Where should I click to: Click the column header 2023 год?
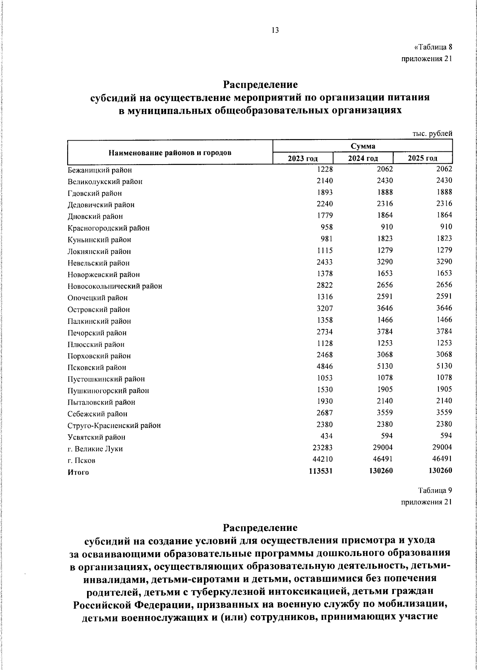point(303,159)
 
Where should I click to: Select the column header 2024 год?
point(363,159)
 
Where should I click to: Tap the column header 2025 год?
point(423,159)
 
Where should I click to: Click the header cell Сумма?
point(363,146)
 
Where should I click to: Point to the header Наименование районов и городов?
point(170,153)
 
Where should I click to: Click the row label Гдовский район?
point(95,194)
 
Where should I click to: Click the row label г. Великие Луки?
point(95,449)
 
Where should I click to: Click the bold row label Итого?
point(78,472)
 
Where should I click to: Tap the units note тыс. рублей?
point(432,134)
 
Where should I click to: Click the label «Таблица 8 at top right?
point(433,47)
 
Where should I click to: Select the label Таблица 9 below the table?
point(435,490)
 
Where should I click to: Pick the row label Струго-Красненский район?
point(114,426)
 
